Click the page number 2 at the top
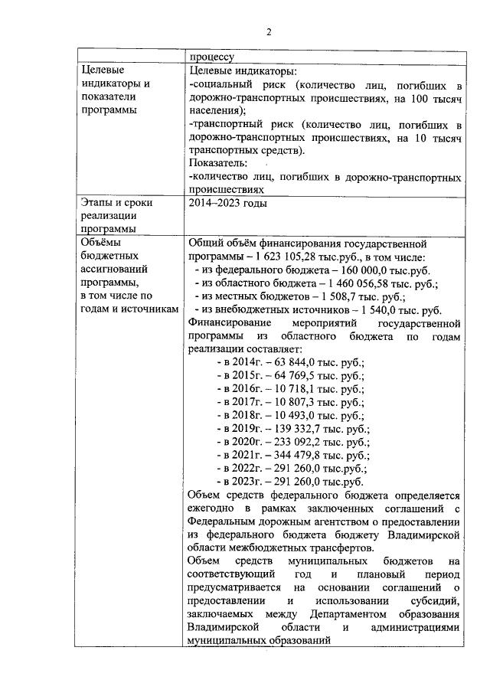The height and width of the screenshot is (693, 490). coord(269,32)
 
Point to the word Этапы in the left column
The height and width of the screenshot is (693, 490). coord(96,203)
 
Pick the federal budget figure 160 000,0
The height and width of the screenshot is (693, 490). coord(354,270)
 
